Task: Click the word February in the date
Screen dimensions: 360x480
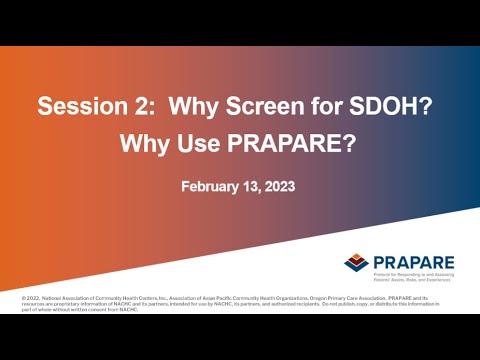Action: [x=212, y=187]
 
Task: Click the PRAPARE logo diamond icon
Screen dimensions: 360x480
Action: [x=356, y=262]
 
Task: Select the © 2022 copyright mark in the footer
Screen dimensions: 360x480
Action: [x=34, y=298]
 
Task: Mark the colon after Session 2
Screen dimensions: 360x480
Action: [x=142, y=108]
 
